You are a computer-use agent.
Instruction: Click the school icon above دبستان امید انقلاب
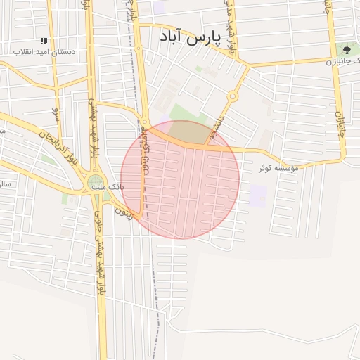pyautogui.click(x=44, y=41)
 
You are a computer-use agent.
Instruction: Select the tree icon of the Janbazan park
pyautogui.click(x=347, y=49)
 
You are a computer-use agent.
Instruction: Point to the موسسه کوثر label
pyautogui.click(x=279, y=169)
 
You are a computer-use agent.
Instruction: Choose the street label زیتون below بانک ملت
pyautogui.click(x=124, y=209)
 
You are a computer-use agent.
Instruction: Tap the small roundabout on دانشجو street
pyautogui.click(x=233, y=96)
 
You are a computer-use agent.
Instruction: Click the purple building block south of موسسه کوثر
pyautogui.click(x=259, y=196)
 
